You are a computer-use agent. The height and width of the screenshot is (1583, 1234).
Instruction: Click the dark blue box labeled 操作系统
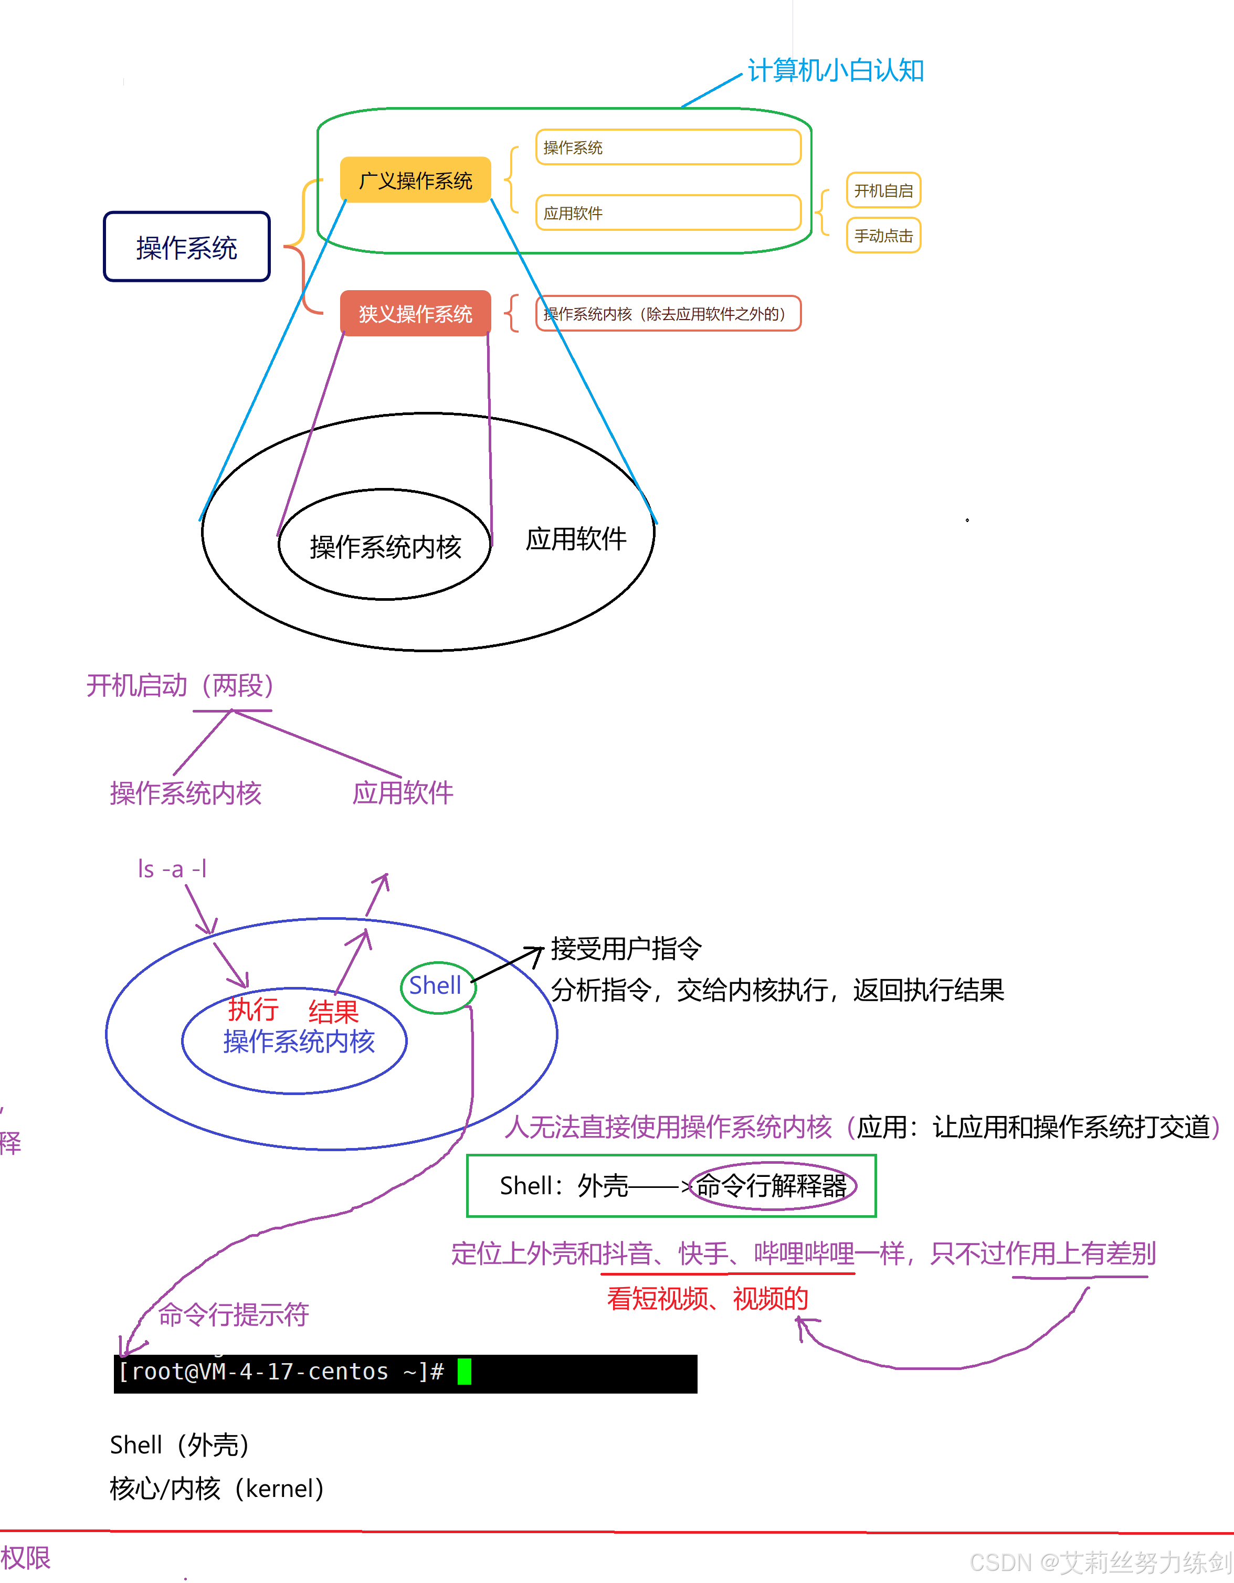[186, 247]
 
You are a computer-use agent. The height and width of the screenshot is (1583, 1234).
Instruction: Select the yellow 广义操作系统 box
[415, 180]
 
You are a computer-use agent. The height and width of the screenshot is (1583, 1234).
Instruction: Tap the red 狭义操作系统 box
[415, 313]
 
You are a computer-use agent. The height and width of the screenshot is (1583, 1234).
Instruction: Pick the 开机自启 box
[883, 190]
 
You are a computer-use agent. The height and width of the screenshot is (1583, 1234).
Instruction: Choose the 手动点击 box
[883, 236]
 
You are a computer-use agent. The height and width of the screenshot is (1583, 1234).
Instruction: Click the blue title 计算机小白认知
[835, 70]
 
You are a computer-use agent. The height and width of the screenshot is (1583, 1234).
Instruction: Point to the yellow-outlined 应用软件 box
[668, 213]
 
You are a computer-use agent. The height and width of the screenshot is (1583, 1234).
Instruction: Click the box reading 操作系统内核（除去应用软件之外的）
[668, 314]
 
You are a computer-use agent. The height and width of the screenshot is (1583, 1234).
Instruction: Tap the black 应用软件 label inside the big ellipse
[576, 538]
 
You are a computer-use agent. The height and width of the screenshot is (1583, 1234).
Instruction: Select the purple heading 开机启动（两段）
[180, 685]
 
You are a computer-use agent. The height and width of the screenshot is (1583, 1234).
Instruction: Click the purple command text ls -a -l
[173, 868]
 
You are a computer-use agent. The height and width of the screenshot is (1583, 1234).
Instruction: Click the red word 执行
[253, 1008]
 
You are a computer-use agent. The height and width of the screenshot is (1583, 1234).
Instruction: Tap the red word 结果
[333, 1011]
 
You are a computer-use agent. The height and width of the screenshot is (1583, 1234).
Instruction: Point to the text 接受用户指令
[626, 948]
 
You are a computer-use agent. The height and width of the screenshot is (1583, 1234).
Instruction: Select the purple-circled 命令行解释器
[772, 1186]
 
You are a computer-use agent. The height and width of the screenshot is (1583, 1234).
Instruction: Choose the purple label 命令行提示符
[234, 1314]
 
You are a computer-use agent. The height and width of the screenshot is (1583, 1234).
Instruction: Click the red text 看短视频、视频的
[707, 1298]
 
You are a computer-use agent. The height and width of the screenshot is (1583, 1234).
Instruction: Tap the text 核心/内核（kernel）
[216, 1488]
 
